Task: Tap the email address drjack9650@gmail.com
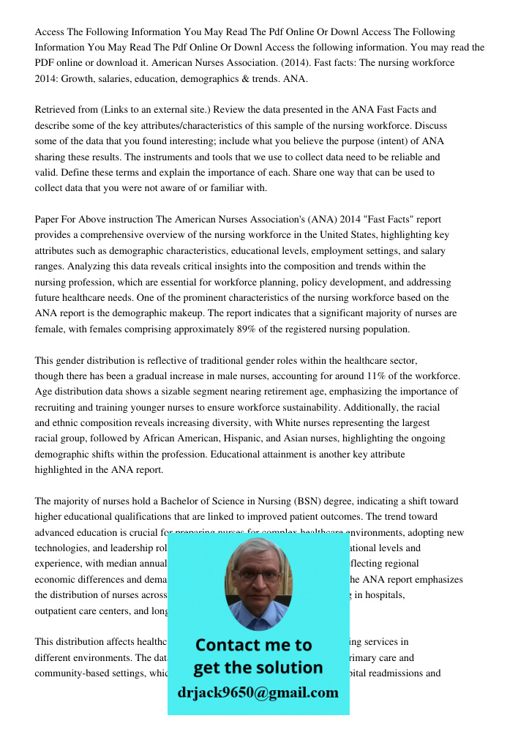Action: pyautogui.click(x=258, y=692)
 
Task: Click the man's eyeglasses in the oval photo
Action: pyautogui.click(x=258, y=576)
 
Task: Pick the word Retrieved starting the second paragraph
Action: pyautogui.click(x=57, y=110)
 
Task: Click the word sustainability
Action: pyautogui.click(x=344, y=407)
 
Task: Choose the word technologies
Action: pyautogui.click(x=64, y=548)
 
